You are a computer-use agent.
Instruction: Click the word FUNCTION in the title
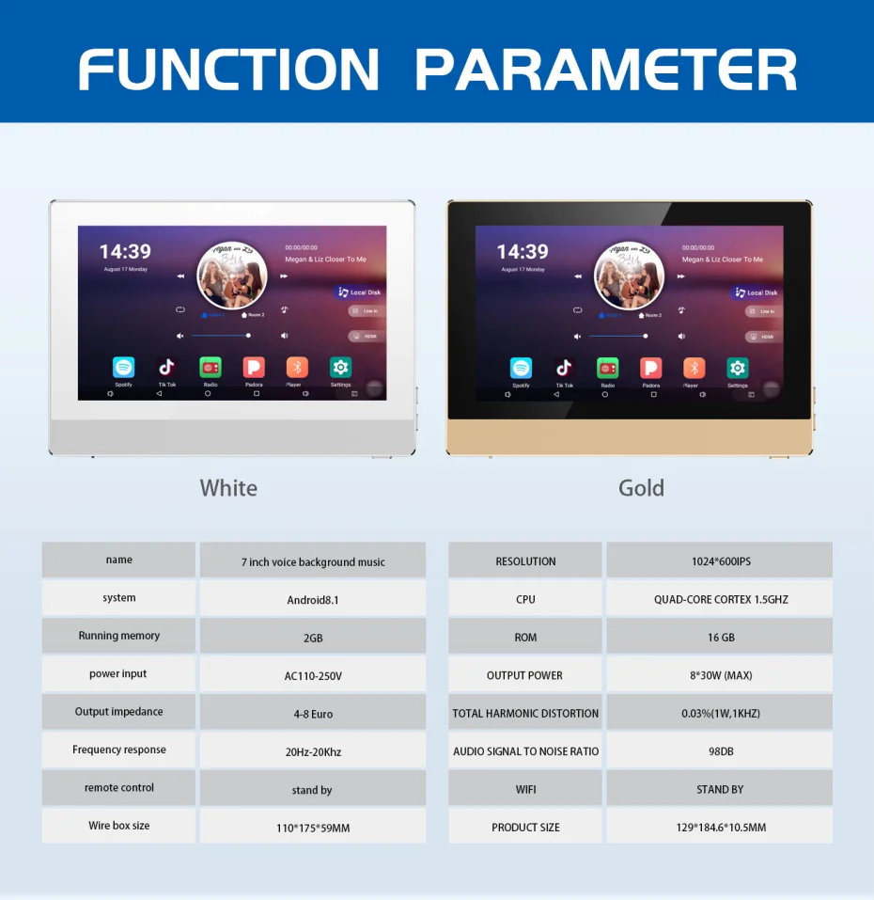(x=228, y=69)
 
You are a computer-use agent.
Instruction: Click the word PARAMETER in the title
(x=606, y=69)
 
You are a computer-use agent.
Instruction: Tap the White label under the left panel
(x=228, y=488)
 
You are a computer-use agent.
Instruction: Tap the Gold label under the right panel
(x=641, y=488)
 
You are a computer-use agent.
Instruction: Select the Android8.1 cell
(x=313, y=600)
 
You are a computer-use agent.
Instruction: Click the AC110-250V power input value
(x=313, y=675)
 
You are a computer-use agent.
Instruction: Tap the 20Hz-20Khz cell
(x=313, y=751)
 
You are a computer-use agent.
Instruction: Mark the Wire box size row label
(x=119, y=826)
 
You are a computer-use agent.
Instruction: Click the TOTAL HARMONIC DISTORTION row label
(x=525, y=714)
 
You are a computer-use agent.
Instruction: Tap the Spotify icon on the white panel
(x=123, y=368)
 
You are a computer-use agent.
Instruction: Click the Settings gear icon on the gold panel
(x=738, y=368)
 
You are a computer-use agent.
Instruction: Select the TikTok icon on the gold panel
(x=564, y=368)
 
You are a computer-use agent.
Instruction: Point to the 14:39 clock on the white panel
(x=125, y=252)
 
